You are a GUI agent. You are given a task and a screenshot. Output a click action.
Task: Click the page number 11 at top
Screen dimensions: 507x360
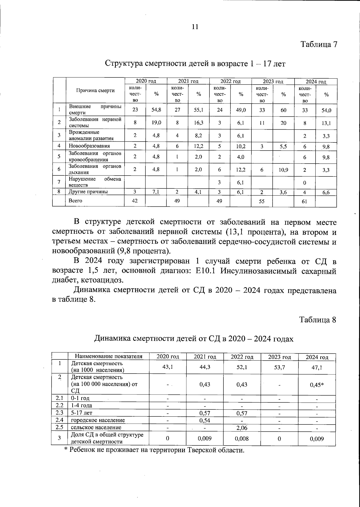195,27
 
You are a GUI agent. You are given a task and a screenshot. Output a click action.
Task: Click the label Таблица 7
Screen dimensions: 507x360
319,45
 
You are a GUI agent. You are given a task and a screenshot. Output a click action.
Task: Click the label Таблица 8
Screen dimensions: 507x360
318,320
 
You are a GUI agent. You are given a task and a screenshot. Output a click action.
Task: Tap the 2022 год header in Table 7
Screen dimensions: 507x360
230,81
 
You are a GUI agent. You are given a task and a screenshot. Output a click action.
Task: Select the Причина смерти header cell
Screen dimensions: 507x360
95,91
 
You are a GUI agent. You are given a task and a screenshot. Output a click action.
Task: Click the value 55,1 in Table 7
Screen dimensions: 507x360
198,110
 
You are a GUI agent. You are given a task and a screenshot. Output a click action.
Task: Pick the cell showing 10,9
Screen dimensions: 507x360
283,170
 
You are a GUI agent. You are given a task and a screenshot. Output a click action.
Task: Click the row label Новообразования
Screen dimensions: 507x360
89,146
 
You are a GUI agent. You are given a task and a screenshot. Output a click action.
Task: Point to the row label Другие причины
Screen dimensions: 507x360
88,192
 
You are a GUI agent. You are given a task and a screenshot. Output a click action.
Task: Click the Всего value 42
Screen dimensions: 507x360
135,201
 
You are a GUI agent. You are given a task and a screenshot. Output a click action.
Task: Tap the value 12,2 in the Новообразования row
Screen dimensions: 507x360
198,146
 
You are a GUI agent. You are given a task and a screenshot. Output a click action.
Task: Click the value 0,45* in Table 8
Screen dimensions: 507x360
316,385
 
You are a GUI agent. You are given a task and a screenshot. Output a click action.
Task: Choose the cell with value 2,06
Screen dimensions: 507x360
241,428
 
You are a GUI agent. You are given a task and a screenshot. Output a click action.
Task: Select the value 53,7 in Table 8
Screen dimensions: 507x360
279,367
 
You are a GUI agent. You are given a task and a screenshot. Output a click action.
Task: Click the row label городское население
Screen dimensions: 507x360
97,420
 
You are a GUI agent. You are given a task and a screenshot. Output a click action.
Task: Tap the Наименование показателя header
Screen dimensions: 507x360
108,357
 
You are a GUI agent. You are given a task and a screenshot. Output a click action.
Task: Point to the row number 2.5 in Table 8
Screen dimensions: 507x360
59,427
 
